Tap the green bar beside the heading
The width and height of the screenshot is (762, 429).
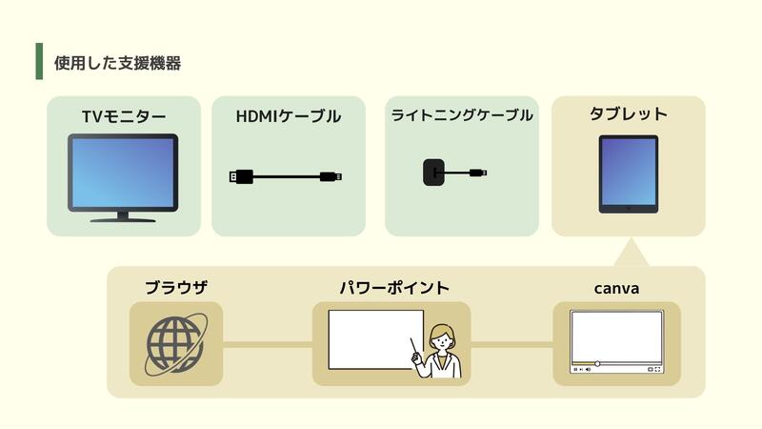coord(39,61)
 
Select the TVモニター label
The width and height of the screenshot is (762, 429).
coord(124,116)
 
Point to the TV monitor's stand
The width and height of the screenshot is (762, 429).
coord(123,217)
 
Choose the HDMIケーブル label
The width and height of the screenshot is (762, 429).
coord(288,116)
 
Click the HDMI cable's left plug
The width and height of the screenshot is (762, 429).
coord(240,176)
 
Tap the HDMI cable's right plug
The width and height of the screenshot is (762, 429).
coord(331,176)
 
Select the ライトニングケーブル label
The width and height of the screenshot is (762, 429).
coord(461,116)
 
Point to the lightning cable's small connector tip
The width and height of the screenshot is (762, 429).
coord(483,173)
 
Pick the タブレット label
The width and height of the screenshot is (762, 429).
coord(628,114)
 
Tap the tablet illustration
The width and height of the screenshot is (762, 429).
coord(628,174)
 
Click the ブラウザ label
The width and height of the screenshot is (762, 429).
coord(176,287)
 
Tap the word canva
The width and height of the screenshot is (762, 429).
coord(616,287)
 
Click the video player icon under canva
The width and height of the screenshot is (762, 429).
coord(616,341)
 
